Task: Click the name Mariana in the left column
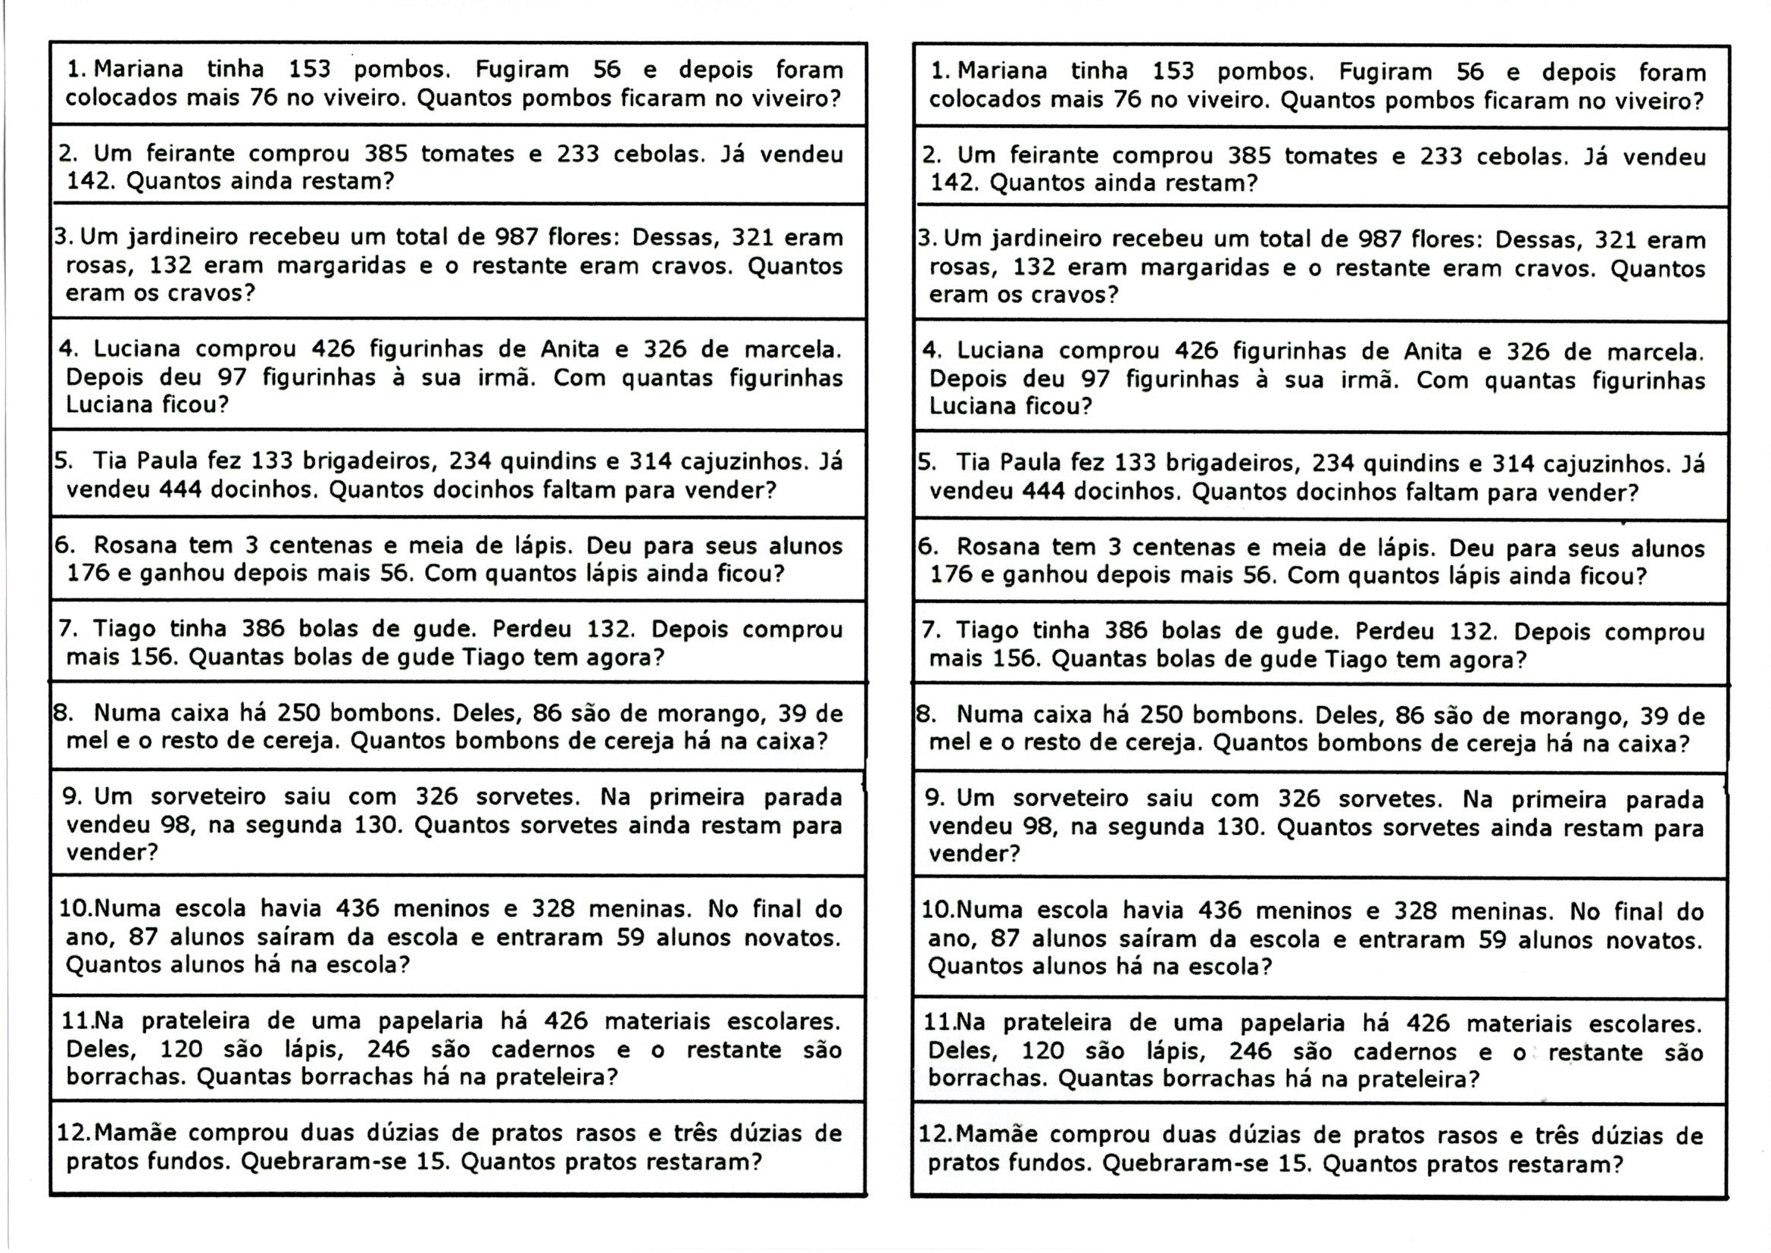138,70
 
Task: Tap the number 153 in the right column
1173,73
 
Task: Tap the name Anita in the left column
570,349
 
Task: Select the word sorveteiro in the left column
208,797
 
